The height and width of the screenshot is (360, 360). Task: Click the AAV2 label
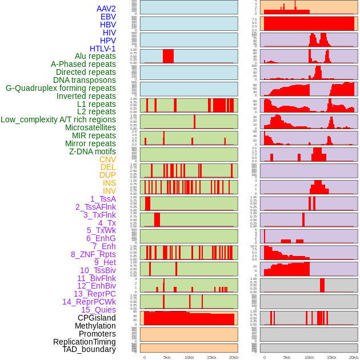click(x=106, y=9)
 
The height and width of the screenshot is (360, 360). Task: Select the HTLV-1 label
click(x=102, y=49)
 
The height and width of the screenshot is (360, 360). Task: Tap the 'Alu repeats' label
click(x=95, y=56)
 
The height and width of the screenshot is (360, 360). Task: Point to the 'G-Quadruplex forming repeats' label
click(x=61, y=88)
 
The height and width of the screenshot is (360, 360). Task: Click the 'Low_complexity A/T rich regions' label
click(x=58, y=119)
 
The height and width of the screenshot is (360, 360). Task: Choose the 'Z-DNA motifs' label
click(x=92, y=151)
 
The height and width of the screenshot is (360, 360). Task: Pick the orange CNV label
click(x=107, y=159)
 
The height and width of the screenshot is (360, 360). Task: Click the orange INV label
click(x=109, y=191)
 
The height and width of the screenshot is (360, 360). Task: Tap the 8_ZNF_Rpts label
click(x=93, y=254)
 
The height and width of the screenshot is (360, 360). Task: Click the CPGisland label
click(x=97, y=318)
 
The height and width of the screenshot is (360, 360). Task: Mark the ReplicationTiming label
click(x=84, y=342)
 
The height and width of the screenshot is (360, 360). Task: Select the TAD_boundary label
click(x=89, y=349)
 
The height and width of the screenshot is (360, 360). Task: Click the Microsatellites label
click(x=90, y=127)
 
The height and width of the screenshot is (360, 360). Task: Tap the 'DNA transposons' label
click(x=85, y=80)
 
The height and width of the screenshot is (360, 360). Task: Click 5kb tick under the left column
click(x=167, y=357)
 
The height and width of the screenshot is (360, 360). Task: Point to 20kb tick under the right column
click(x=354, y=357)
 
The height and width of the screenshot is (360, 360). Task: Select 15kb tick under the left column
click(x=211, y=357)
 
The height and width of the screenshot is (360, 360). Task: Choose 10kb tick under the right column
click(x=309, y=357)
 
